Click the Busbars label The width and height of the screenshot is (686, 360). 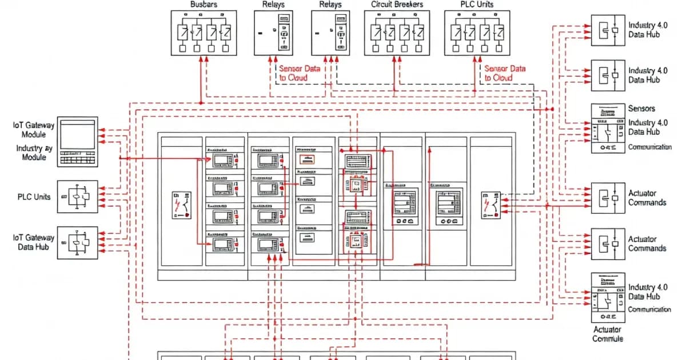pos(204,5)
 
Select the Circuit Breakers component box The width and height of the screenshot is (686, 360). pos(397,33)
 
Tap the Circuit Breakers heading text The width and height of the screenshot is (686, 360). pos(397,5)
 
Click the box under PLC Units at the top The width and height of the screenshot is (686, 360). pos(477,33)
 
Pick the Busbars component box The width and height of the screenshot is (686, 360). pos(204,33)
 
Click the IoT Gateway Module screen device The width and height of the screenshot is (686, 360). pos(78,142)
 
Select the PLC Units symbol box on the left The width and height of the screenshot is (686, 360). pos(78,197)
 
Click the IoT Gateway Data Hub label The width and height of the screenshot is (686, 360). pos(34,242)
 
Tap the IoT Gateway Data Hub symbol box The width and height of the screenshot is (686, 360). pos(78,243)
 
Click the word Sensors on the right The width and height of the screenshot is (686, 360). pos(641,108)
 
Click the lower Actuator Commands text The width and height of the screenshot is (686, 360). pos(647,244)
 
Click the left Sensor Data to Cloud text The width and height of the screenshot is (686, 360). pos(299,73)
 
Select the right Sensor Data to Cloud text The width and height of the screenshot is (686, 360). pos(505,73)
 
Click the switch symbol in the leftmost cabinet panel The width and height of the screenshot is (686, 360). pos(182,206)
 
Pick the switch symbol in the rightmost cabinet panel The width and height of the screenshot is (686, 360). pos(492,205)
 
